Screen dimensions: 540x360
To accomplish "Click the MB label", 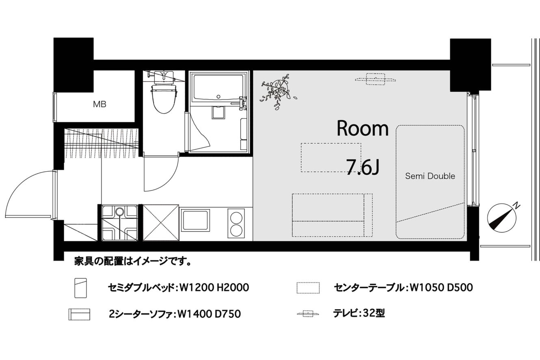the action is click(99, 104).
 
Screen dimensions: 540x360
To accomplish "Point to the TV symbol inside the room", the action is click(376, 79).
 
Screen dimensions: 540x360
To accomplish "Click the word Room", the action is click(363, 129).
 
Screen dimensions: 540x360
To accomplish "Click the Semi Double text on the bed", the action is click(430, 176).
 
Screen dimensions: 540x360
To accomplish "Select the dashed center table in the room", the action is click(331, 157).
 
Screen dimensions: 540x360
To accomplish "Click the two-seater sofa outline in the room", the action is click(332, 215).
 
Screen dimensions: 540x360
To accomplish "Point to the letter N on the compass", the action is click(516, 206).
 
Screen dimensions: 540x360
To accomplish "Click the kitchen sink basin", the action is click(195, 220).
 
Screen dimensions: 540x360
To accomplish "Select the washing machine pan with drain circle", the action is click(120, 223).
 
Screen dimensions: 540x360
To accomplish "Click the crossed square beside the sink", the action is click(161, 223).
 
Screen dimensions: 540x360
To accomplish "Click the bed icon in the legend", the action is click(80, 288).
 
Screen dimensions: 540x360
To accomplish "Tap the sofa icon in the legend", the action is click(79, 314).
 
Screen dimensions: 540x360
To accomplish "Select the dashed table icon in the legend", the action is click(308, 288).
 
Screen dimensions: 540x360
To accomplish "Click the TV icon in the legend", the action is click(308, 314).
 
